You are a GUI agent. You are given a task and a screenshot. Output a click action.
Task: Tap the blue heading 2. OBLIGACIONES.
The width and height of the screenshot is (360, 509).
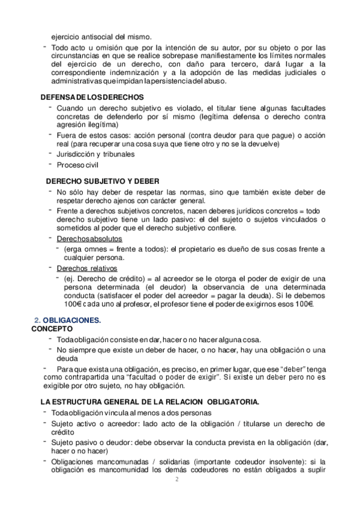tap(67, 321)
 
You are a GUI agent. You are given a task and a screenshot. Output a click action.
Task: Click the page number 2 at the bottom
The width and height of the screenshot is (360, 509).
tap(176, 480)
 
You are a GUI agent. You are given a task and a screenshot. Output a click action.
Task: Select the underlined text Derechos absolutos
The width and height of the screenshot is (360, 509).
tap(85, 238)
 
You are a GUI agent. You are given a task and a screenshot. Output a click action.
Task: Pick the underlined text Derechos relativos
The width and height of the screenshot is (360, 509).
tap(86, 268)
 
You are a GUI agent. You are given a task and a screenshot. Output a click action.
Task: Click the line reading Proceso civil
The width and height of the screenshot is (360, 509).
tap(78, 164)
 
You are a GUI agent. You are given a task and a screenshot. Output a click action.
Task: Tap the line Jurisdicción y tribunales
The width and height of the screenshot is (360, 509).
tap(95, 154)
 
